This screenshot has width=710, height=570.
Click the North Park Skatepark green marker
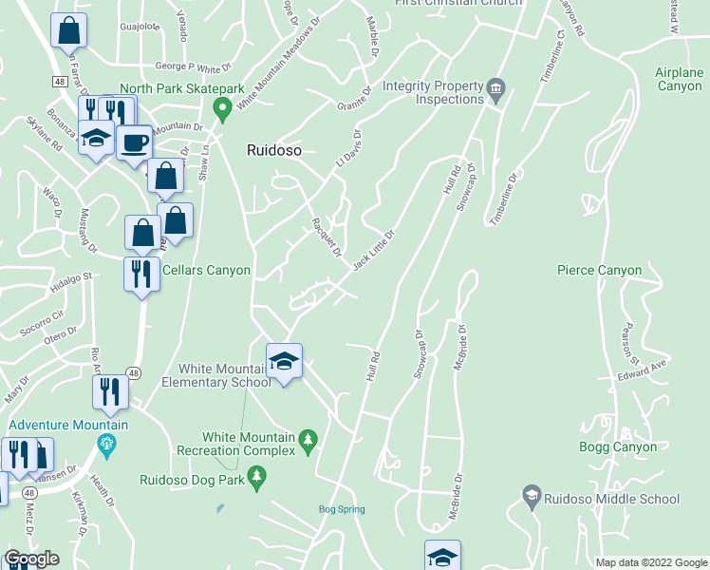(x=223, y=109)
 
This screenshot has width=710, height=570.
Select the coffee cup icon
(x=135, y=143)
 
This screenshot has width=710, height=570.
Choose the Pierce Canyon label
(x=599, y=271)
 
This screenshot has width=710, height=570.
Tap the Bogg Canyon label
(x=618, y=446)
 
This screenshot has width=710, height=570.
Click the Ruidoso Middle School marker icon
(x=532, y=495)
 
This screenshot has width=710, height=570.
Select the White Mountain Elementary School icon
(x=284, y=361)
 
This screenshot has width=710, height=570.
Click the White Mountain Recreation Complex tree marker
(x=307, y=440)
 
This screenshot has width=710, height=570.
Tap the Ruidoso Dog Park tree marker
(x=255, y=477)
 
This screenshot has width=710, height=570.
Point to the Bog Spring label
(x=341, y=510)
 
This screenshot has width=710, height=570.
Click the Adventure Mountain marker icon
(x=106, y=443)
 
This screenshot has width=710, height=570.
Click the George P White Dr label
(x=193, y=67)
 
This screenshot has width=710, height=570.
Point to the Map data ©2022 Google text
(x=650, y=562)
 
